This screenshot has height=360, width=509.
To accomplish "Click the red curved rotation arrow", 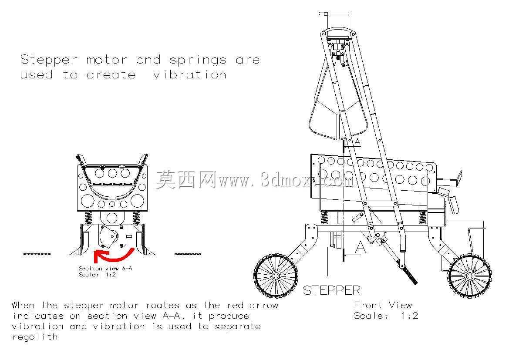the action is pyautogui.click(x=114, y=258).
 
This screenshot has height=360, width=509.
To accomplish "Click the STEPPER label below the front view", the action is pyautogui.click(x=331, y=290).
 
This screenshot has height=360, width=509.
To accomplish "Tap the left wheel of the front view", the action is pyautogui.click(x=276, y=276).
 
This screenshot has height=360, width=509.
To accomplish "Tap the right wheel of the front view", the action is pyautogui.click(x=470, y=276).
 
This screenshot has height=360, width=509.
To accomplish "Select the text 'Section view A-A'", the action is pyautogui.click(x=105, y=269).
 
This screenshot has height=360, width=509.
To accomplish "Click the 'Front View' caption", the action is pyautogui.click(x=383, y=305).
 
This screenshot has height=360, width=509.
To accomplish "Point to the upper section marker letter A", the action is pyautogui.click(x=357, y=142).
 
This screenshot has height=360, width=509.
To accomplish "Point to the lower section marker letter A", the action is pyautogui.click(x=361, y=247).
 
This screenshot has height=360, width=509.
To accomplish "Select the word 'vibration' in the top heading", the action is pyautogui.click(x=189, y=75).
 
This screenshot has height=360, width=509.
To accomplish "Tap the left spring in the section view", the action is pyautogui.click(x=89, y=218).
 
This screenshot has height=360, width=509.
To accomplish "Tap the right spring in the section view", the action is pyautogui.click(x=137, y=218).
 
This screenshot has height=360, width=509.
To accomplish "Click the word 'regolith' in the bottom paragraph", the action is pyautogui.click(x=35, y=336).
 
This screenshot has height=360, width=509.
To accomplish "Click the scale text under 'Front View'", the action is pyautogui.click(x=386, y=316).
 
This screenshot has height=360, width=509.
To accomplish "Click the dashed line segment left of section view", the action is pyautogui.click(x=37, y=254).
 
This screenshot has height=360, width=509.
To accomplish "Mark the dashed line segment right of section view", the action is pyautogui.click(x=188, y=254).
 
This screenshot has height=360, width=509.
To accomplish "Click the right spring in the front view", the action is pyautogui.click(x=422, y=217).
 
